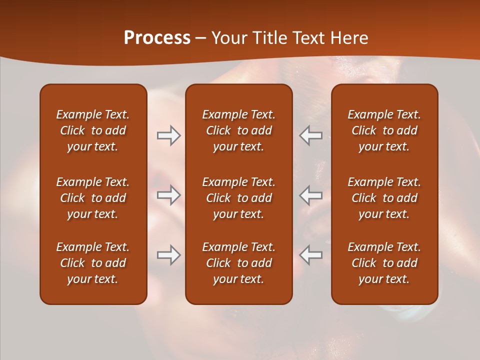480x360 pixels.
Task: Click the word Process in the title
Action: click(x=157, y=38)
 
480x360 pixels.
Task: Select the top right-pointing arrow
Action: click(x=169, y=135)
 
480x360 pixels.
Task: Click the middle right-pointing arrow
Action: click(x=169, y=195)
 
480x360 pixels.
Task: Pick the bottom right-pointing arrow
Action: click(x=169, y=255)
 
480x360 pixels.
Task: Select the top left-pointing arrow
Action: click(x=310, y=135)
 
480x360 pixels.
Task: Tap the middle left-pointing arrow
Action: click(x=310, y=195)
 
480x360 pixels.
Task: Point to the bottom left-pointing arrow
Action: click(x=310, y=255)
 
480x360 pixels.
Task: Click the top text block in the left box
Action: click(x=93, y=130)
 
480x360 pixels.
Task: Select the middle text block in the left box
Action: click(x=93, y=198)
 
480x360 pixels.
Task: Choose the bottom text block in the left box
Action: click(x=93, y=263)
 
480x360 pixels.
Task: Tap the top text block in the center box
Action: click(x=238, y=130)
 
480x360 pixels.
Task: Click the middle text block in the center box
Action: click(x=238, y=198)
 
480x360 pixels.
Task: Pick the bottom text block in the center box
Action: click(x=238, y=263)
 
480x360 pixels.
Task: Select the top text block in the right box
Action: click(x=384, y=130)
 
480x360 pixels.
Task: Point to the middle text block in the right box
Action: click(x=384, y=198)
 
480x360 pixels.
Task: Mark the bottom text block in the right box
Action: click(x=384, y=263)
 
